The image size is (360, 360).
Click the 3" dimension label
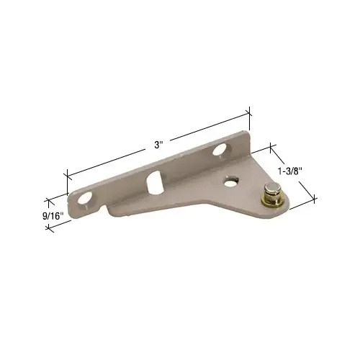click(159, 144)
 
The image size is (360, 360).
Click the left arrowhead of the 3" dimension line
click(68, 174)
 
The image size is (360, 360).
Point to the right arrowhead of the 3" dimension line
click(249, 112)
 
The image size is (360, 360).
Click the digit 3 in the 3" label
click(157, 144)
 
